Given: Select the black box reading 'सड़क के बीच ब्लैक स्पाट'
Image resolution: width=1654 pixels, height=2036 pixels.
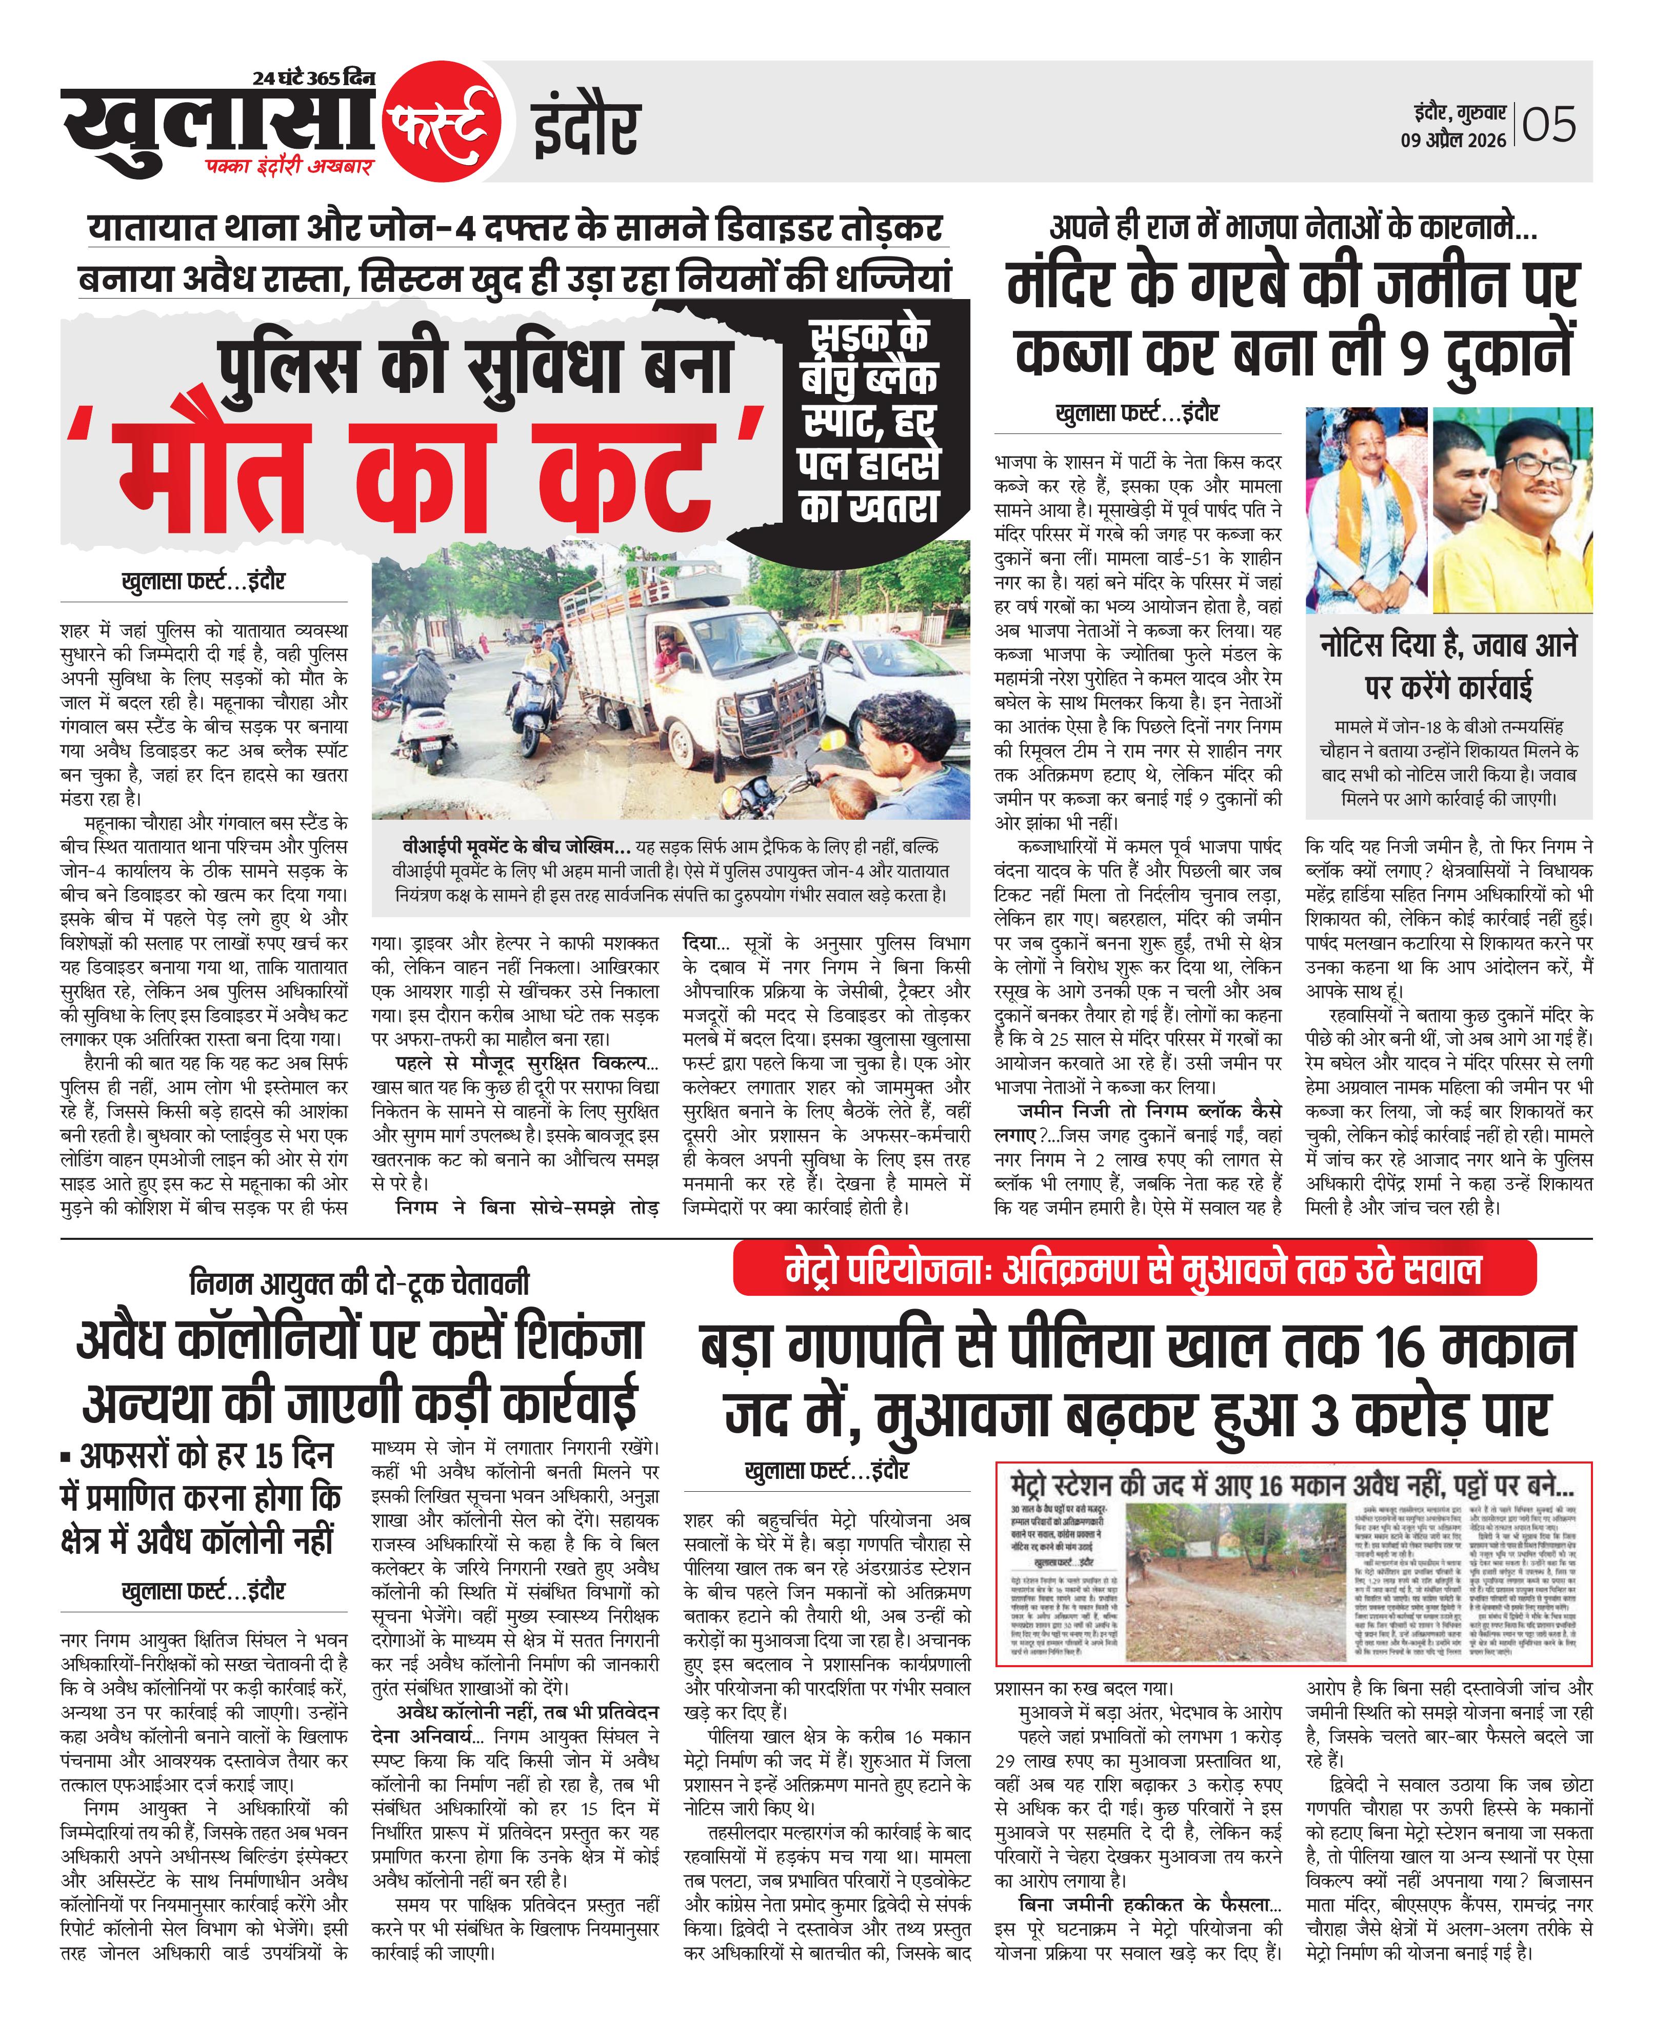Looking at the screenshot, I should pyautogui.click(x=869, y=424).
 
